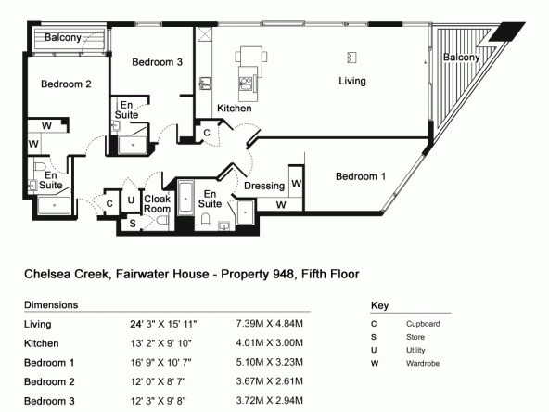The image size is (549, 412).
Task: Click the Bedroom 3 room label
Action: [x=158, y=62]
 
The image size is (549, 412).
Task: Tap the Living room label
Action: [x=352, y=81]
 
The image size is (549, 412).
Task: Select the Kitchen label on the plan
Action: [x=235, y=109]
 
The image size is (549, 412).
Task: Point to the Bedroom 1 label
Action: [x=361, y=176]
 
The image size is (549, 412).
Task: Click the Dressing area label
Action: [x=264, y=186]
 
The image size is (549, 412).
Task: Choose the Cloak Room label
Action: [x=158, y=203]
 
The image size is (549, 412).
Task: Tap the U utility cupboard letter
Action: [x=131, y=200]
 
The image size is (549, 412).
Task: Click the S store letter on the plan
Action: [x=133, y=223]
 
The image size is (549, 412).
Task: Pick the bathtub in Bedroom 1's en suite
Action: [x=185, y=199]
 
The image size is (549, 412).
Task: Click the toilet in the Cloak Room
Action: [x=162, y=221]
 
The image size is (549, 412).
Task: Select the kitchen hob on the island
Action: [x=246, y=84]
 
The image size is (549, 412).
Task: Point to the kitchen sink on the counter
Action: [x=204, y=84]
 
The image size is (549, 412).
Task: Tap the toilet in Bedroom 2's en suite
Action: [x=40, y=166]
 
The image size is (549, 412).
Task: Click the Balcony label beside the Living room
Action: [x=462, y=58]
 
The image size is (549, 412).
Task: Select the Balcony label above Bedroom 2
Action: [x=63, y=37]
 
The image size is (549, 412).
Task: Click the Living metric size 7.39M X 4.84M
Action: [x=269, y=323]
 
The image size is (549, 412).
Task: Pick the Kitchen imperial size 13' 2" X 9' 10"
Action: [x=161, y=343]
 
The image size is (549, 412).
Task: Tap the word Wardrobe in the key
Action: [x=423, y=364]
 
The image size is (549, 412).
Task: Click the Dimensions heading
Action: [x=51, y=304]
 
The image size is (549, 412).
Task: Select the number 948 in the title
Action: [x=283, y=274]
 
